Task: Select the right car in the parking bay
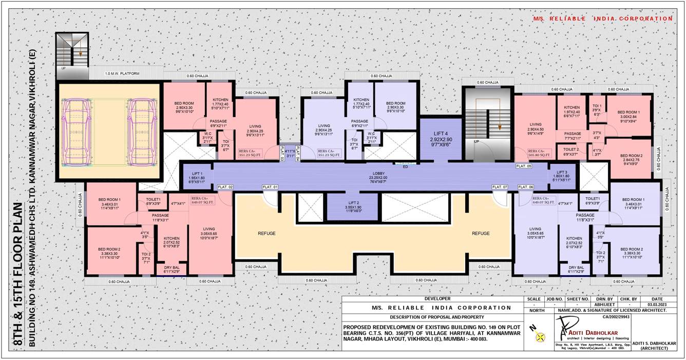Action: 141,133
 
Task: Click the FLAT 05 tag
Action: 524,166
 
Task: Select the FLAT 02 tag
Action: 225,187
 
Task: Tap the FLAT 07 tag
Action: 499,187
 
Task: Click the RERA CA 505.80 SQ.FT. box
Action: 539,153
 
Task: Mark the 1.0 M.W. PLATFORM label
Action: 122,74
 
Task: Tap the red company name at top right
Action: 602,18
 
